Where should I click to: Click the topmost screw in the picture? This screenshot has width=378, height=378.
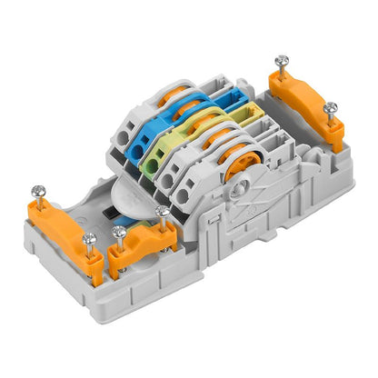(x=281, y=63)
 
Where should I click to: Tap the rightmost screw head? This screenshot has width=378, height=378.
(x=330, y=109)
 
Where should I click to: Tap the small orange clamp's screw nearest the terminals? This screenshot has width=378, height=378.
(x=162, y=212)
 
